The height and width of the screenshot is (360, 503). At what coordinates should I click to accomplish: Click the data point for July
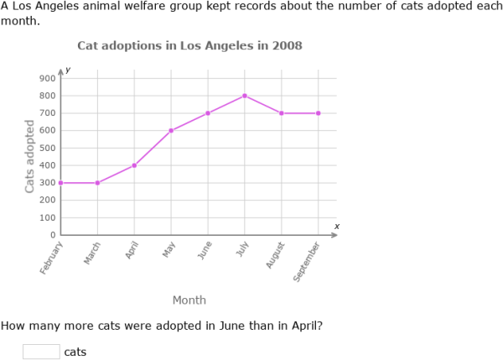245,96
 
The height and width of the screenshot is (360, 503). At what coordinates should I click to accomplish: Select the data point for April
134,165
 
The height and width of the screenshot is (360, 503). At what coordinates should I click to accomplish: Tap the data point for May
171,130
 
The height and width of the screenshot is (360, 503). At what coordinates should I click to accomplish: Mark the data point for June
208,113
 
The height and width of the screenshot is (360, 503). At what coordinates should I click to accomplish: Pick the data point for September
319,113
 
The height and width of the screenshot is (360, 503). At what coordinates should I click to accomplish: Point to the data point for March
97,183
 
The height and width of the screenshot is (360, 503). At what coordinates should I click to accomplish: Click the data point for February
60,183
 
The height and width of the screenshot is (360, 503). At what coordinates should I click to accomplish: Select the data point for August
282,113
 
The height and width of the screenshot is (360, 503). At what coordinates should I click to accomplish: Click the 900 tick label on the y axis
47,78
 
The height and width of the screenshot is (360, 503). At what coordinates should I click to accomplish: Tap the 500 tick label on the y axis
47,148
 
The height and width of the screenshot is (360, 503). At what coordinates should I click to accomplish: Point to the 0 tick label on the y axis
52,235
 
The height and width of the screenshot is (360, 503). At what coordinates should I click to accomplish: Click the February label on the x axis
52,258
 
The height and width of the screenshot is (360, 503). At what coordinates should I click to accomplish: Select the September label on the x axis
308,261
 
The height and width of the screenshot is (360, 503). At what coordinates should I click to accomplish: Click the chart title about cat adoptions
189,45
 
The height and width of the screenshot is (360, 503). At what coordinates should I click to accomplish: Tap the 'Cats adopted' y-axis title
30,156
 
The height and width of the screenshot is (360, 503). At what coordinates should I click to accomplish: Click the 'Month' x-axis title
189,300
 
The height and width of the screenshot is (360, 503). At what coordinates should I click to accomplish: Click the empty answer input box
41,352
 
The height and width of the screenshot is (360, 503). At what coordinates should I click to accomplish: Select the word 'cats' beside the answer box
75,352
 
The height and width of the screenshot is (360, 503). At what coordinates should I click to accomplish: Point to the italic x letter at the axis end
336,226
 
